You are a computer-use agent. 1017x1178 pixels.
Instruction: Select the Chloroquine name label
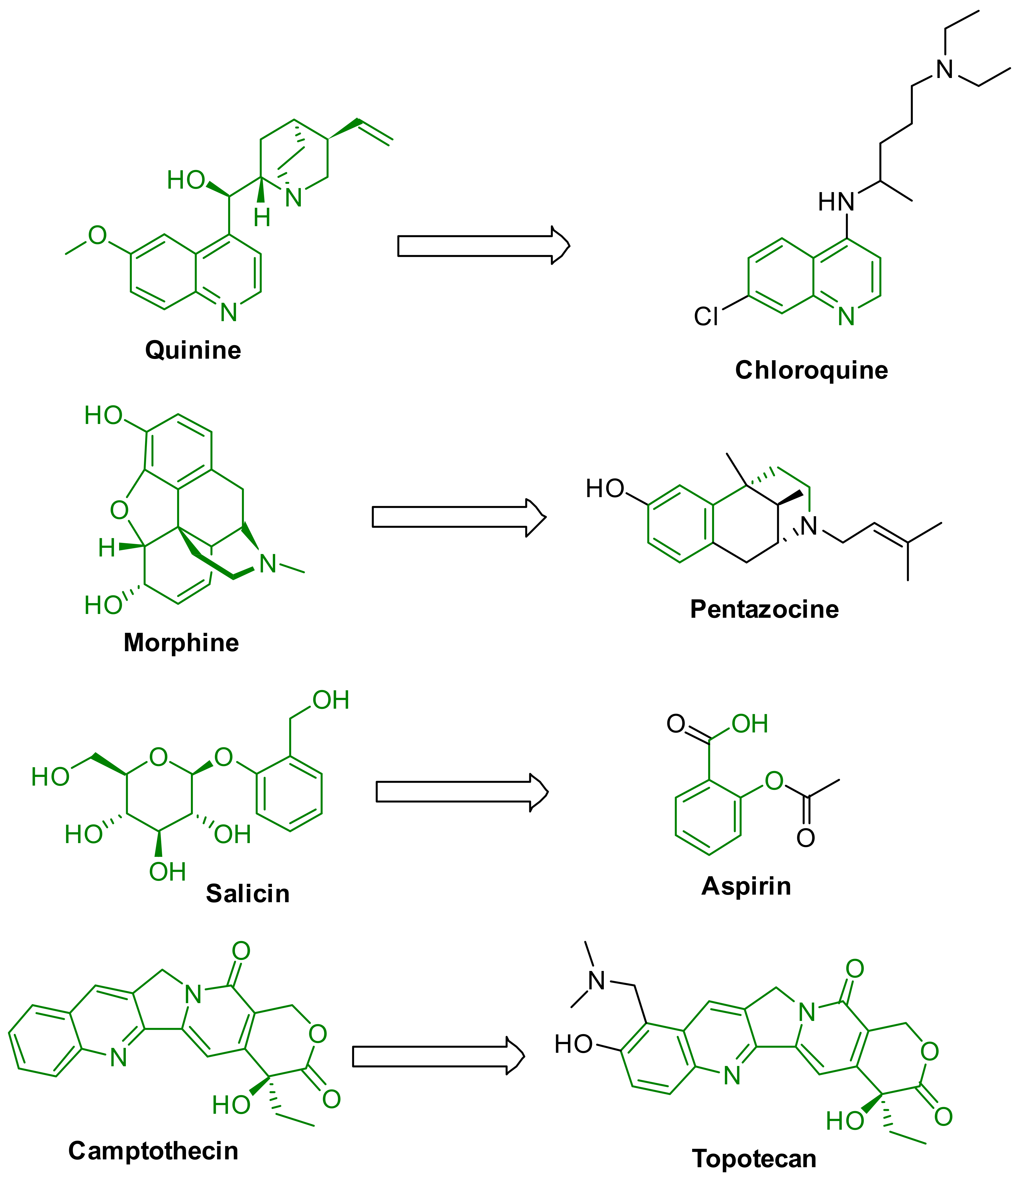(811, 370)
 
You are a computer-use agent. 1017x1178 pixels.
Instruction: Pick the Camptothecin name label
(153, 1151)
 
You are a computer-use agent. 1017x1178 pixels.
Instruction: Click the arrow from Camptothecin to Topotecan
(438, 1056)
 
